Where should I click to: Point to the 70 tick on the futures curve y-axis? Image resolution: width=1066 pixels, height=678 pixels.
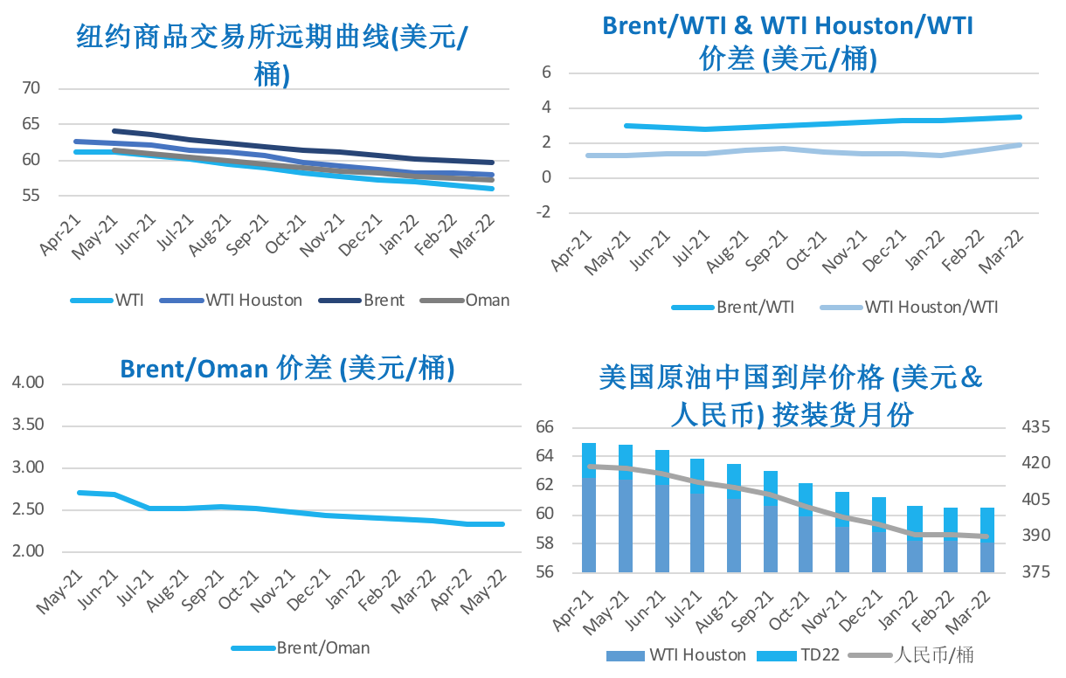tap(31, 88)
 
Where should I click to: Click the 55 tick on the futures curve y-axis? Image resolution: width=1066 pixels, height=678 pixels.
tap(31, 196)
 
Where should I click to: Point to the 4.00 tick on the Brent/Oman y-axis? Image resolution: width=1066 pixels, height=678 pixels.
tap(29, 384)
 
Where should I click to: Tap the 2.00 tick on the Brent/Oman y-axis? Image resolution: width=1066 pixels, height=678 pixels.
tap(29, 551)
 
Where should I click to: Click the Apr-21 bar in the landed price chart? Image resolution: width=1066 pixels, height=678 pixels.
tap(589, 508)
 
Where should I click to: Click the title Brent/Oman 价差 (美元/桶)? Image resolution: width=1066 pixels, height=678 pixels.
tap(287, 369)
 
